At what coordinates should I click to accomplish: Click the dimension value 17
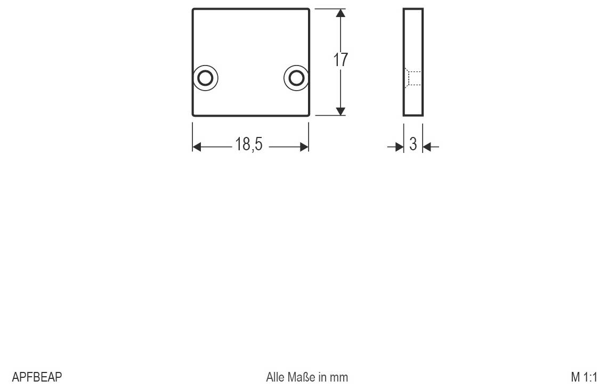pyautogui.click(x=341, y=60)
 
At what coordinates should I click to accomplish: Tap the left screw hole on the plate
pyautogui.click(x=205, y=78)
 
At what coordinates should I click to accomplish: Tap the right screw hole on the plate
pyautogui.click(x=295, y=78)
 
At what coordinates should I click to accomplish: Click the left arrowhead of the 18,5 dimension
pyautogui.click(x=196, y=147)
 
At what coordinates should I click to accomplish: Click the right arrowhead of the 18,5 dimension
pyautogui.click(x=305, y=147)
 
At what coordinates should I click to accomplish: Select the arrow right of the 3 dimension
pyautogui.click(x=428, y=146)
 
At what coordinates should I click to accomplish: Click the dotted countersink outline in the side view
pyautogui.click(x=412, y=78)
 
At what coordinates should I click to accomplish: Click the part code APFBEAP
pyautogui.click(x=37, y=377)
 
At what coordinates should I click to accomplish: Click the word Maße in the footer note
pyautogui.click(x=303, y=377)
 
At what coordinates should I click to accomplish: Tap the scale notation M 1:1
pyautogui.click(x=584, y=377)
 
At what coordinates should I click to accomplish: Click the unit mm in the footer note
pyautogui.click(x=339, y=377)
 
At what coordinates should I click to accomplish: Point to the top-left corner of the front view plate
pyautogui.click(x=193, y=10)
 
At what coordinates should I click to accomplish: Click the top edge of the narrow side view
pyautogui.click(x=413, y=9)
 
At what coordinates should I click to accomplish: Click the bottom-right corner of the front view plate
pyautogui.click(x=309, y=115)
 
